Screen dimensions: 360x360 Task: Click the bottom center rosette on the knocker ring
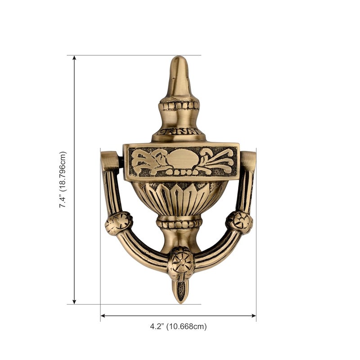[x=181, y=263]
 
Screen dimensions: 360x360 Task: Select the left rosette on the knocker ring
[x=119, y=223]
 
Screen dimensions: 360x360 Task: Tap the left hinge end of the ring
[x=110, y=161]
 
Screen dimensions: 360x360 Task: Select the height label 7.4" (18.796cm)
[x=63, y=180]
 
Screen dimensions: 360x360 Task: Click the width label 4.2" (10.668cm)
[x=178, y=326]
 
